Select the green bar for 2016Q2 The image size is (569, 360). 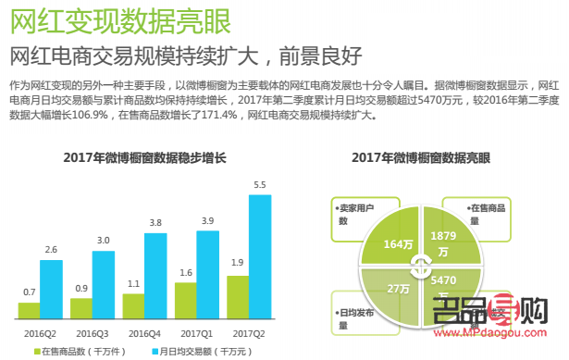tap(30, 310)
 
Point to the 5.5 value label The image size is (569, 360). tap(260, 185)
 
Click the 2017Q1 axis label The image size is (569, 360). tap(197, 331)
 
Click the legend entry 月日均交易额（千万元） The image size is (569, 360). tap(193, 352)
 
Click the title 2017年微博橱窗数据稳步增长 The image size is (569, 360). tap(145, 157)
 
